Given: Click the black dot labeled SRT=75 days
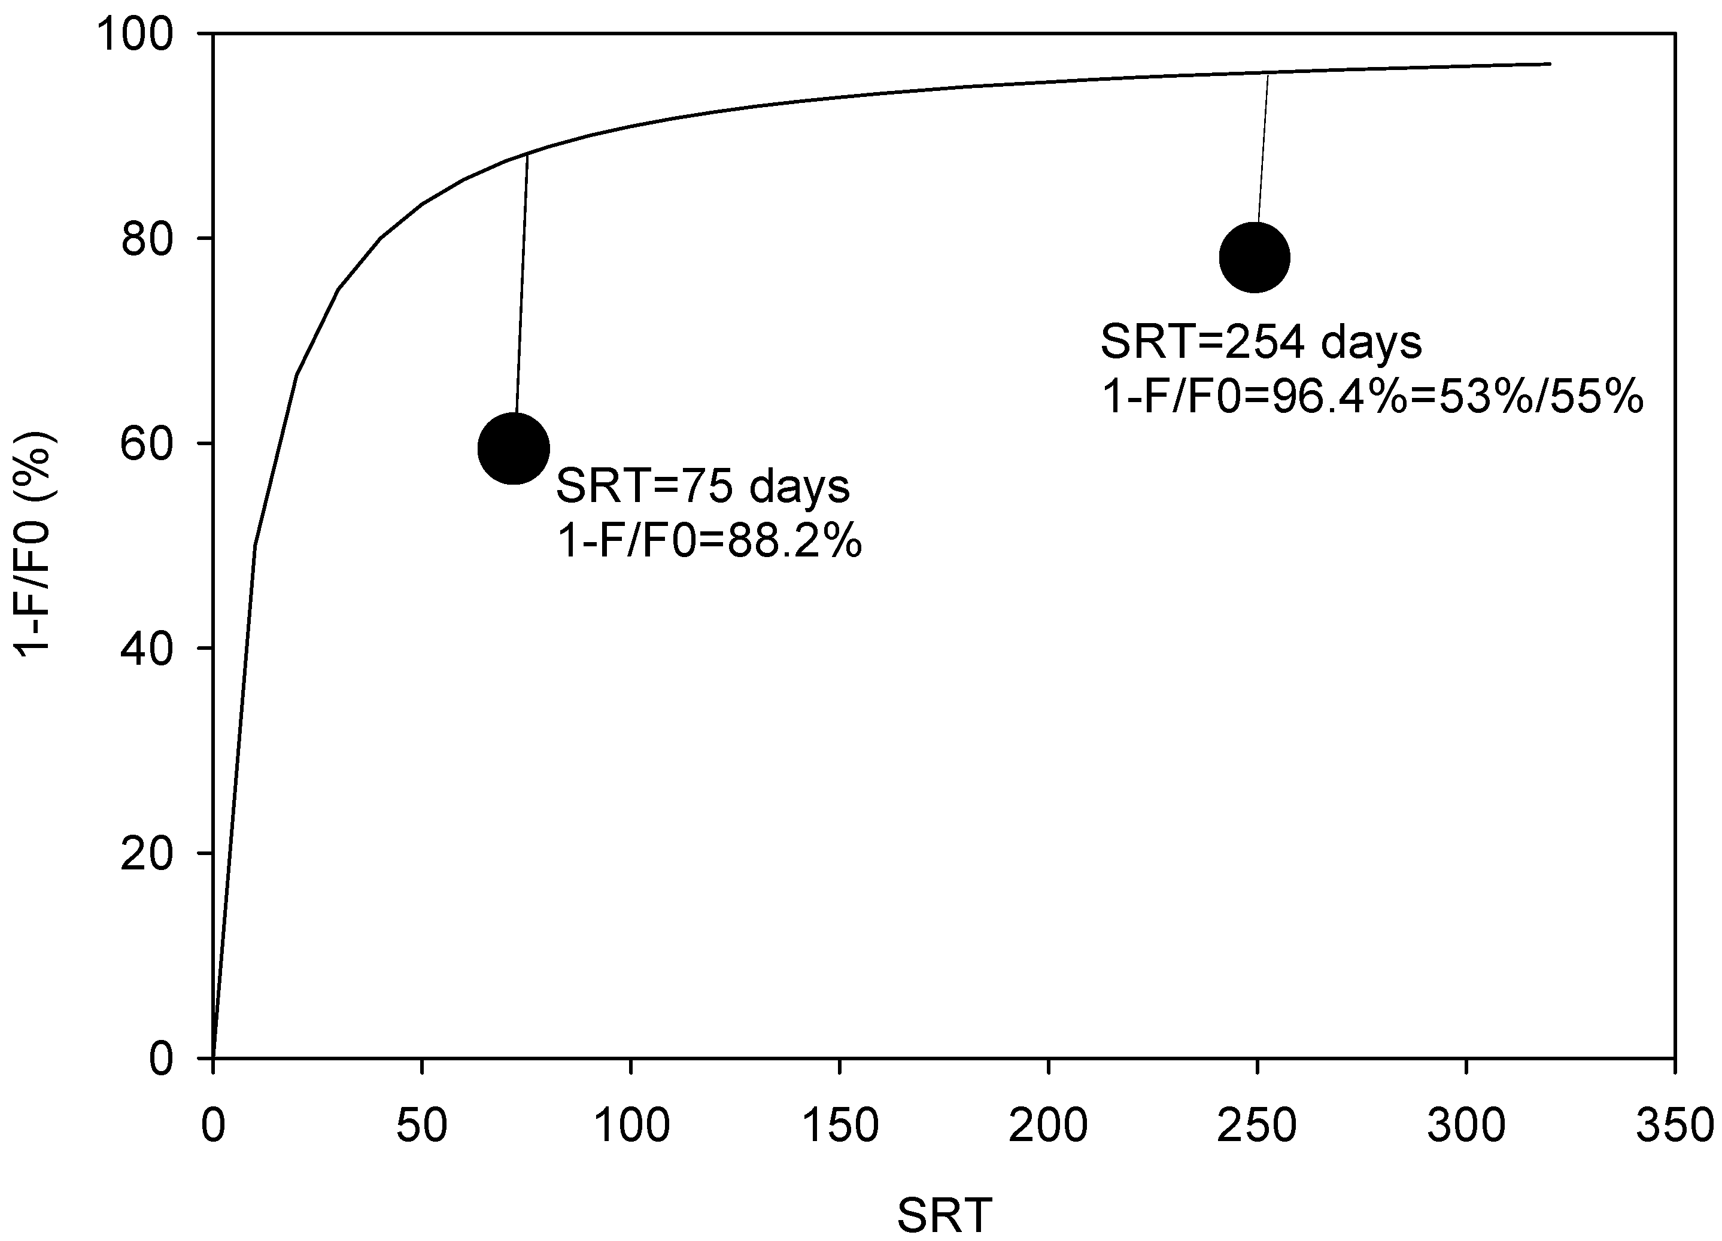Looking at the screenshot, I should tap(514, 449).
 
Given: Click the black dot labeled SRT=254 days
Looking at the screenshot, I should tap(1255, 257).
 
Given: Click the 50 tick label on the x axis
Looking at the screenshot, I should tap(421, 1126).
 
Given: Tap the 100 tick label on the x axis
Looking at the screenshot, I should tap(631, 1126).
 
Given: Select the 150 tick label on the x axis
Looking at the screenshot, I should tap(840, 1126).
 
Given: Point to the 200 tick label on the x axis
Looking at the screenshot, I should tap(1049, 1126).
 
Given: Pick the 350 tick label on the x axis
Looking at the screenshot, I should tap(1674, 1126).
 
